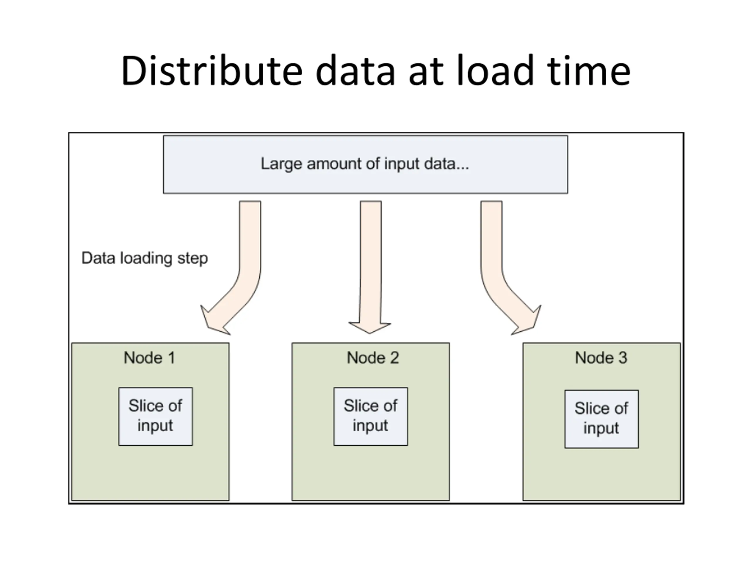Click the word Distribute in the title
[212, 70]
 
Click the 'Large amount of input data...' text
[365, 164]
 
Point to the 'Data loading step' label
[145, 258]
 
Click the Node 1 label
[150, 358]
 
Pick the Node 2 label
[372, 358]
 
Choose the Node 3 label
[601, 358]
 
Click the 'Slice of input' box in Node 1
[155, 416]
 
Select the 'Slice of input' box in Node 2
[370, 416]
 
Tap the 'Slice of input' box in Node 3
[602, 419]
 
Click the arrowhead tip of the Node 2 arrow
[370, 333]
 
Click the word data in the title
[356, 70]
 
